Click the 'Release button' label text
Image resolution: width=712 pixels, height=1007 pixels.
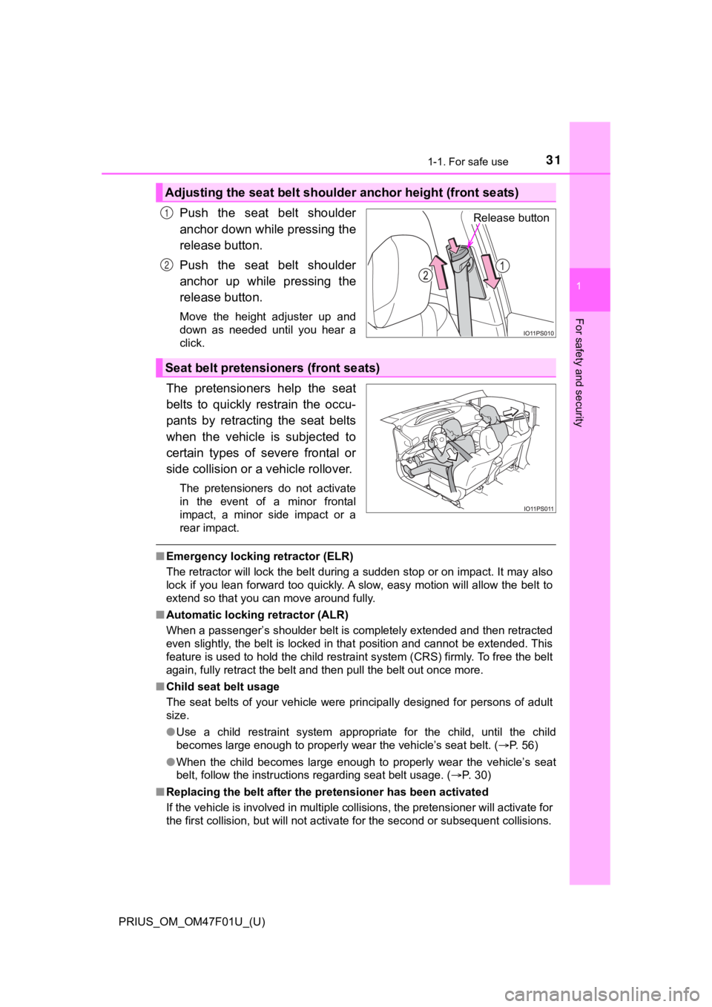click(511, 218)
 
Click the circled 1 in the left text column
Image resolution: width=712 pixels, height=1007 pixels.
click(168, 214)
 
